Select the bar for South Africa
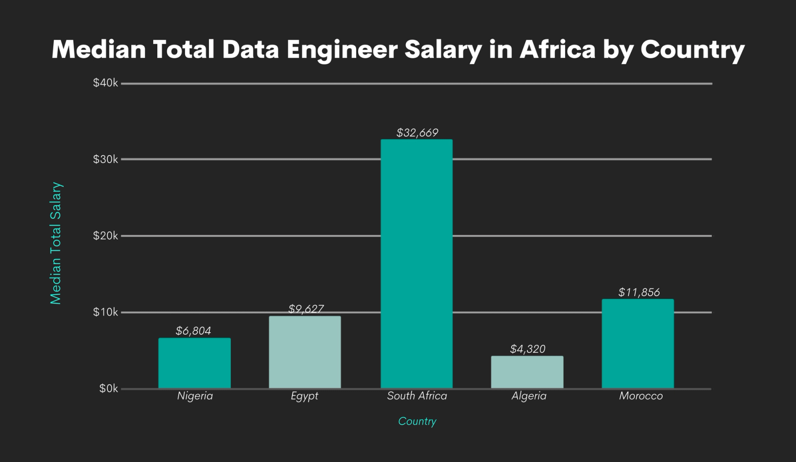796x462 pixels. tap(417, 264)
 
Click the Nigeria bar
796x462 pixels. tap(195, 363)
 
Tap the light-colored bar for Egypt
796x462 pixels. tap(305, 352)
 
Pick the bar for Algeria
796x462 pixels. tap(527, 372)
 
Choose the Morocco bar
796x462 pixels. tap(638, 344)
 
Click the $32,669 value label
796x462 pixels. tap(417, 133)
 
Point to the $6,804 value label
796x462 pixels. tap(194, 331)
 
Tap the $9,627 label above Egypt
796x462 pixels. tap(306, 309)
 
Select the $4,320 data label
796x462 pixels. tap(528, 349)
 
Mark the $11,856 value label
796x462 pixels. tap(639, 292)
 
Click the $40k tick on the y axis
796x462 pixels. tap(105, 83)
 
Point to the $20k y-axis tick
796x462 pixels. tap(105, 236)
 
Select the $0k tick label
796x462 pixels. tap(108, 389)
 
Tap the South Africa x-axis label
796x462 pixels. tap(417, 396)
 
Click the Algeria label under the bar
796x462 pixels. tap(529, 396)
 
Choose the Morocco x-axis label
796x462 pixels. tap(641, 396)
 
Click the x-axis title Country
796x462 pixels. tap(417, 421)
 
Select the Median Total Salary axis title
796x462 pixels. tap(56, 243)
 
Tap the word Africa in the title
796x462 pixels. tap(557, 49)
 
